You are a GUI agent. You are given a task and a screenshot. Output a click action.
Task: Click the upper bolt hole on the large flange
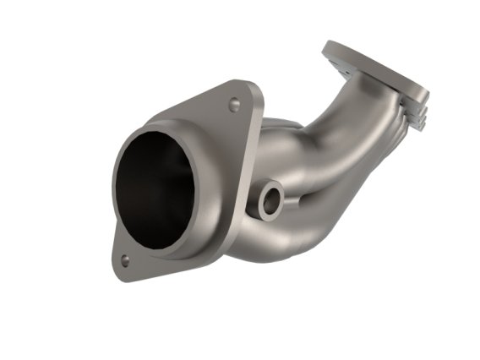[x=234, y=105]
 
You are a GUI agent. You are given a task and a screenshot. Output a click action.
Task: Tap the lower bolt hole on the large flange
[x=125, y=260]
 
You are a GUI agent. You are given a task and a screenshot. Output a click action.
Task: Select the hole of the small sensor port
[x=271, y=201]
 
